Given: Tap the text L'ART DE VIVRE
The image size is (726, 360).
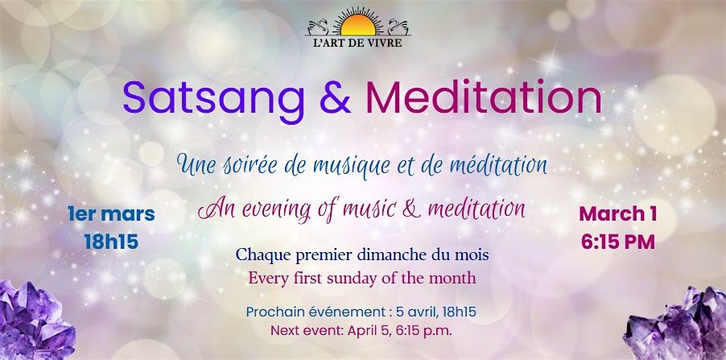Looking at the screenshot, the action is click(358, 43).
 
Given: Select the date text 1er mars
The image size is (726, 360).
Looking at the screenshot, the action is click(111, 214).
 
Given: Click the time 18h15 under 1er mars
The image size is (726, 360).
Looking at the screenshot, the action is click(111, 242).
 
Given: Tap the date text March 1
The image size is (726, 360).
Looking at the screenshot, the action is click(617, 213).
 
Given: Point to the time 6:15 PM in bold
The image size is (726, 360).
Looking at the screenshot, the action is click(618, 242).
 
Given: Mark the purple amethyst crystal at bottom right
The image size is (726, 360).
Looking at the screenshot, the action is click(676, 325).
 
